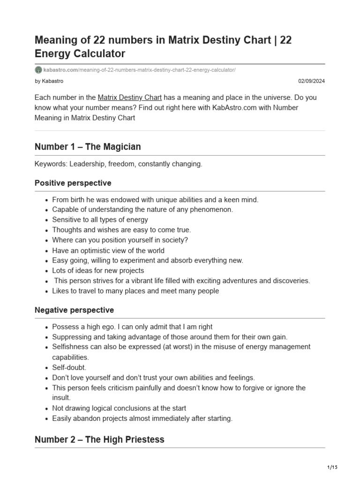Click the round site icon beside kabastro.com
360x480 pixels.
[38, 70]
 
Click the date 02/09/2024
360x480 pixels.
[312, 81]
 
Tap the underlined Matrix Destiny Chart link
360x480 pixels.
[130, 97]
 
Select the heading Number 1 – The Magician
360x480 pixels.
[88, 147]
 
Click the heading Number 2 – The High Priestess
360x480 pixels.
[99, 439]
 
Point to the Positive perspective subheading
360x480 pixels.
[73, 183]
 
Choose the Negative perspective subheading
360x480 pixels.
[74, 310]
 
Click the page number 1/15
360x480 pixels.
[332, 467]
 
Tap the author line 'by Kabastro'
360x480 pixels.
[49, 81]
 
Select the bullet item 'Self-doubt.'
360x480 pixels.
[69, 367]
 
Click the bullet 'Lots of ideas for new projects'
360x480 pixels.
[98, 270]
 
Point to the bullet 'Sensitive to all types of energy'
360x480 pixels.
[100, 219]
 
